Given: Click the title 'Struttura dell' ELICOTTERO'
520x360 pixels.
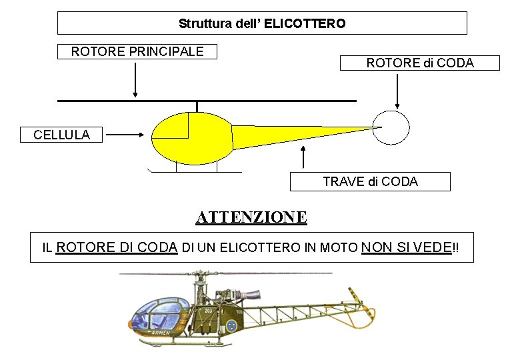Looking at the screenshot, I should click(x=262, y=23).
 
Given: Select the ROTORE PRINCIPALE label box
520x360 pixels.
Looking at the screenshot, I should click(x=137, y=51).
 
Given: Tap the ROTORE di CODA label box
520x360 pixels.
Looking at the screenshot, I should click(x=419, y=63).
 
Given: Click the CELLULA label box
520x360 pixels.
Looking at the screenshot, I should click(x=61, y=135).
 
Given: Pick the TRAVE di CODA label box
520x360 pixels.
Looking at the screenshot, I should click(x=370, y=181).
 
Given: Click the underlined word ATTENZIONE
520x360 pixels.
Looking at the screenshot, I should click(x=251, y=217).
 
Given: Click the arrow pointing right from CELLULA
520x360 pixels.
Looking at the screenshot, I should click(x=125, y=134).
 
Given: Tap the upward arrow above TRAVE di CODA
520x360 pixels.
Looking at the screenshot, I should click(x=303, y=156).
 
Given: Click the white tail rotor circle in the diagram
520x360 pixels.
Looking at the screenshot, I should click(x=391, y=127).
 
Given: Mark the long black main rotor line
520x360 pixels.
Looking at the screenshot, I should click(x=207, y=101).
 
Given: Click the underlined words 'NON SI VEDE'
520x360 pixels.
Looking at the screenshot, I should click(x=406, y=247).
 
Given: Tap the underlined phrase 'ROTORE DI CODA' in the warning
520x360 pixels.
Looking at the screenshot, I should click(x=117, y=247).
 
